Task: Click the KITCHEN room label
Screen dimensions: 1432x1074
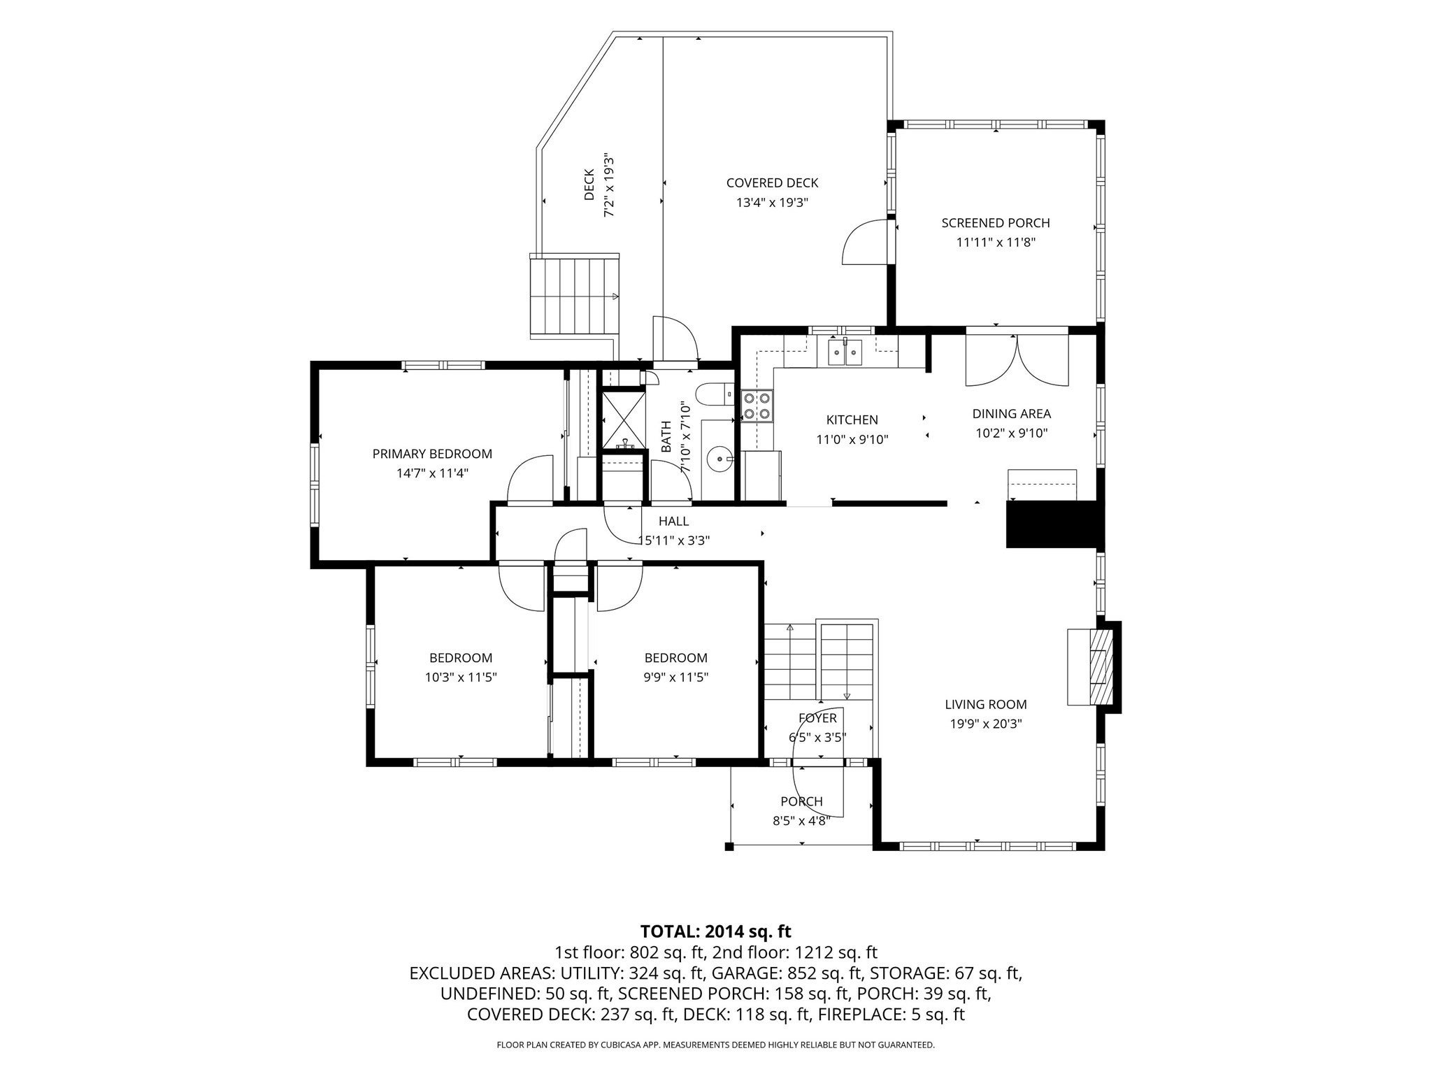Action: [x=852, y=420]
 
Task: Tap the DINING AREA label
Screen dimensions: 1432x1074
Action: [x=1011, y=414]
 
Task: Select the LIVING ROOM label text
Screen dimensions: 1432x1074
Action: [x=986, y=705]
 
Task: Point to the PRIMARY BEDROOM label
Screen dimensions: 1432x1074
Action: [x=432, y=454]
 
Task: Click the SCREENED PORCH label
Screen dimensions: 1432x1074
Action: [x=996, y=223]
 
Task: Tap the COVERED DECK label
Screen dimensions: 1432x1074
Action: [x=772, y=183]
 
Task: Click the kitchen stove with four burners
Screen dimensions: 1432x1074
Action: [x=757, y=406]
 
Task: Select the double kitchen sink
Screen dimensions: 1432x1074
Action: [x=845, y=352]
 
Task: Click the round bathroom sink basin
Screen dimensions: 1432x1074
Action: [x=719, y=459]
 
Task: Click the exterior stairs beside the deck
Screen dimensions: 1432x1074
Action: [x=575, y=296]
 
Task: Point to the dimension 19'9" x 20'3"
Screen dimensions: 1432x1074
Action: [x=986, y=724]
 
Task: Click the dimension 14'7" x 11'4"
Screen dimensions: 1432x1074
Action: [x=432, y=473]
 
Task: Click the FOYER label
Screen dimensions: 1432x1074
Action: [x=817, y=718]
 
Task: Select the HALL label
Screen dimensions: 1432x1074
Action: [x=673, y=521]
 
